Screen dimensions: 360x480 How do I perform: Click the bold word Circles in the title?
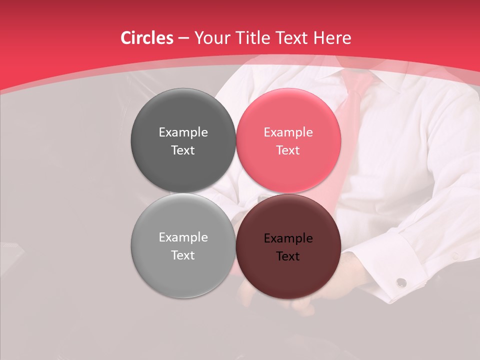point(146,38)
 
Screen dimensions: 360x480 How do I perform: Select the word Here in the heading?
point(332,38)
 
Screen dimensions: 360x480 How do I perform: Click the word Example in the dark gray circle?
point(183,132)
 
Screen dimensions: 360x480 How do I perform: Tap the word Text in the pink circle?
point(288,150)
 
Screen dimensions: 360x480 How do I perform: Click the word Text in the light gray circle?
point(183,255)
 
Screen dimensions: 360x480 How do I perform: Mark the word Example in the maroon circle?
point(288,238)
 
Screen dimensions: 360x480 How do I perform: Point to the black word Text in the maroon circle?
point(288,256)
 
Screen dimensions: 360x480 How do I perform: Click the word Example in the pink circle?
point(288,132)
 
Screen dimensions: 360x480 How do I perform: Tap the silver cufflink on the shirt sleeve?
point(401,283)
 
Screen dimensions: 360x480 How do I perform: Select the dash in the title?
point(183,38)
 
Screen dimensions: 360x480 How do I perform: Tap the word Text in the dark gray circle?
point(183,150)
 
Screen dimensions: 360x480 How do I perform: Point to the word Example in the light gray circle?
point(183,237)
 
